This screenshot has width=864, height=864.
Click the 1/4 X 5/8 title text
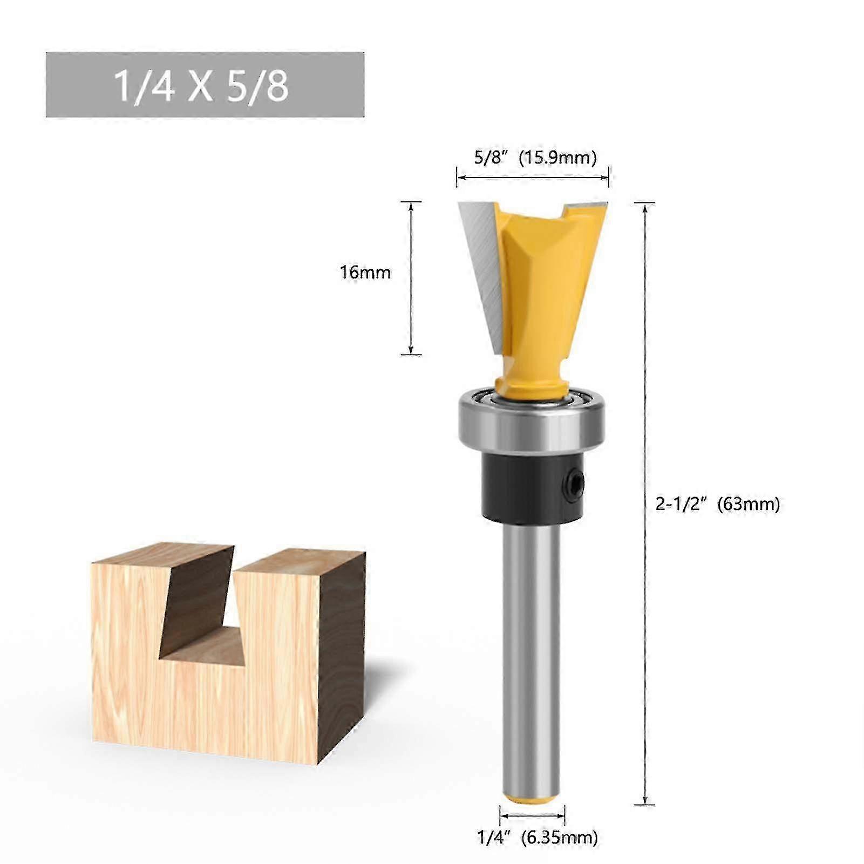tap(201, 86)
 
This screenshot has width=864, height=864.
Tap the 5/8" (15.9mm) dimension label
tap(535, 158)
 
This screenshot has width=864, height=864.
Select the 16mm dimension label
tap(365, 272)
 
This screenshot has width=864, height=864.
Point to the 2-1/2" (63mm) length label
tap(717, 504)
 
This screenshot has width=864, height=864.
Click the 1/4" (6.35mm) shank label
tap(537, 838)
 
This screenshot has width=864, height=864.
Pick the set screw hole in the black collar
tap(576, 480)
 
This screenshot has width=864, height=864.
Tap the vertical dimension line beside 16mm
tap(411, 278)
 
